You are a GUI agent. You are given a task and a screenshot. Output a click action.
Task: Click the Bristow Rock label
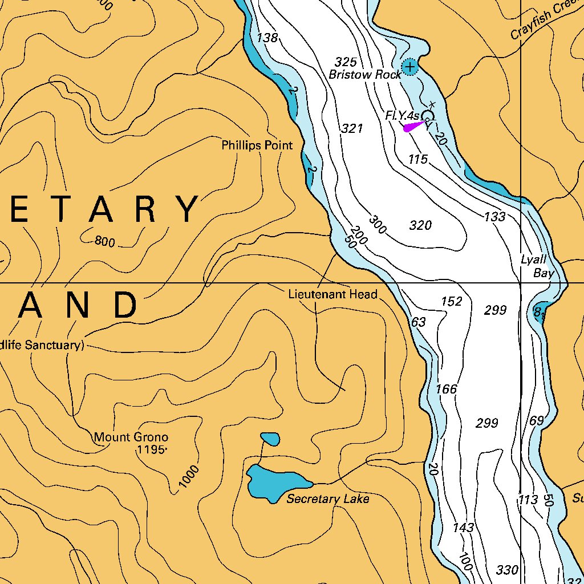point(365,75)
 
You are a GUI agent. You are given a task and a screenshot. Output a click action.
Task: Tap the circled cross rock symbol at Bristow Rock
point(409,67)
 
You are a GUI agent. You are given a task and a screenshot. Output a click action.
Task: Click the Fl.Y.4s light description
point(403,116)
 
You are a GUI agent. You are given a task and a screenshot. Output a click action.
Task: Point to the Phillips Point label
point(257,145)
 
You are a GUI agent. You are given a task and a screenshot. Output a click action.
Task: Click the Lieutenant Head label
point(332,294)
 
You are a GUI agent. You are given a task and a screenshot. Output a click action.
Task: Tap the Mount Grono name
point(131,437)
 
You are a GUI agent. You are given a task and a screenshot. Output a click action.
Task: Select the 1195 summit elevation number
point(151,450)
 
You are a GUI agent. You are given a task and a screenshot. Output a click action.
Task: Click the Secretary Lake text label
point(327,499)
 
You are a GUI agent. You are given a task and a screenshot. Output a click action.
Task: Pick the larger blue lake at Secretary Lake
point(274,482)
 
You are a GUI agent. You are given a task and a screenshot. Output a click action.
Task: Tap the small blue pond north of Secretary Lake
point(270,439)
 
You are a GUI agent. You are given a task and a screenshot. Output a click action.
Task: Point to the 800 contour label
point(105,241)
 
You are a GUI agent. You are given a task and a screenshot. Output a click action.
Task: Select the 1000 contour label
point(189,477)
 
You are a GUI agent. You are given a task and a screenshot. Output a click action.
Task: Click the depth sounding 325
point(346,62)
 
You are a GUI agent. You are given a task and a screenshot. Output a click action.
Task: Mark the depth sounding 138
point(267,38)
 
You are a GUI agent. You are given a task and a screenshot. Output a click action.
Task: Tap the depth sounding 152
point(452,301)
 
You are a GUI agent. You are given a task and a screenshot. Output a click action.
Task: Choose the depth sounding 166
point(447,389)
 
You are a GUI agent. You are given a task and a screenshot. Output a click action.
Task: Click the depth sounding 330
point(507,570)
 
